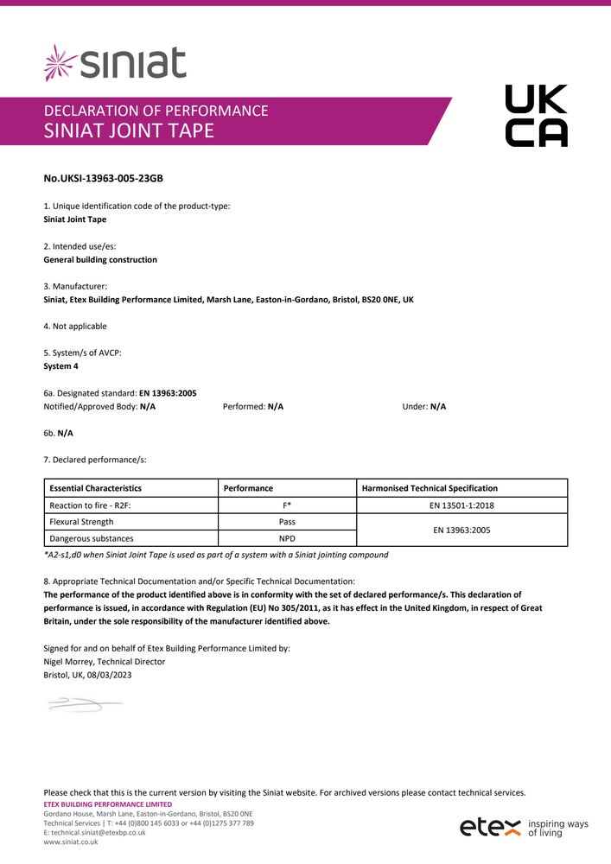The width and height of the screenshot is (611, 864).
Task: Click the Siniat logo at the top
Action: [x=115, y=63]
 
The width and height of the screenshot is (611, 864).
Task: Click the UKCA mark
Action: [x=536, y=116]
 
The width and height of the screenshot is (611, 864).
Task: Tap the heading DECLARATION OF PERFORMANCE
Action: [x=156, y=111]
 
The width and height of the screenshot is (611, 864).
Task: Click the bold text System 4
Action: [x=60, y=366]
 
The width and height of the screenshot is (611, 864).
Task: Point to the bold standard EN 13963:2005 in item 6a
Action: [x=168, y=393]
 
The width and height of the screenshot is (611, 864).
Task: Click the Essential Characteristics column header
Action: [x=96, y=488]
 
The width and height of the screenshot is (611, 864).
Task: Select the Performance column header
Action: [x=248, y=488]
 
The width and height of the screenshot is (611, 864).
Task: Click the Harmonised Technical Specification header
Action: [x=430, y=488]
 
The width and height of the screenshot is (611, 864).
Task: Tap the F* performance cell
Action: [x=287, y=505]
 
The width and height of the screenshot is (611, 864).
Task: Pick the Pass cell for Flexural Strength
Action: [x=287, y=522]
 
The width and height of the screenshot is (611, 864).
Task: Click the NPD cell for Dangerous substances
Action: [x=287, y=538]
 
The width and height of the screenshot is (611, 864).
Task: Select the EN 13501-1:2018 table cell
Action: [x=461, y=505]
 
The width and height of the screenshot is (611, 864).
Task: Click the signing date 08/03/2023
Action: [x=111, y=675]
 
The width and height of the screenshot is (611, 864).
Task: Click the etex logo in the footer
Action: [x=490, y=827]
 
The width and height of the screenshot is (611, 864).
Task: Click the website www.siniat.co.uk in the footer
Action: [x=71, y=842]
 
